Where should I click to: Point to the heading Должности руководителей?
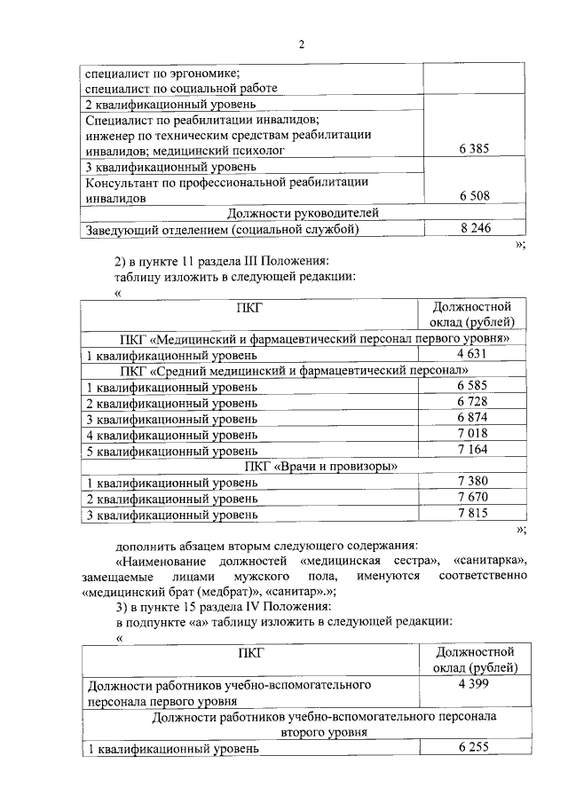pos(303,212)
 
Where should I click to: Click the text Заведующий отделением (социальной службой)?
pos(222,229)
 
